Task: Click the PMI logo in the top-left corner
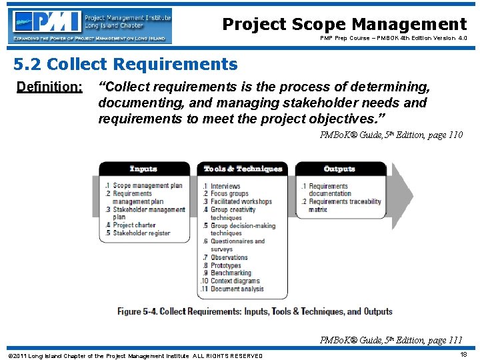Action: tap(90, 25)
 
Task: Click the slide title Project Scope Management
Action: tap(344, 25)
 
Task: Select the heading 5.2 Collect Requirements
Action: tap(125, 65)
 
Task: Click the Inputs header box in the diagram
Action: tap(143, 169)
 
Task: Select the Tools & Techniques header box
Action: tap(243, 169)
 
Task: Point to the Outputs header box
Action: tap(339, 169)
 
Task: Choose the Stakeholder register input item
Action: tap(141, 233)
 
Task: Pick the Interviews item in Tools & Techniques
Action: tap(225, 186)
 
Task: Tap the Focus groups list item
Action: tap(229, 194)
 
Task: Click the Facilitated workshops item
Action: tap(241, 202)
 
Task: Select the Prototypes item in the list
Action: tap(225, 265)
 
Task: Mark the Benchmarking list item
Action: tap(231, 273)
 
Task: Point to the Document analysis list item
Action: tap(237, 289)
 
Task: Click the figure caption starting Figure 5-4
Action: tap(255, 311)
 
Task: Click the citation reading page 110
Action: tap(391, 135)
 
